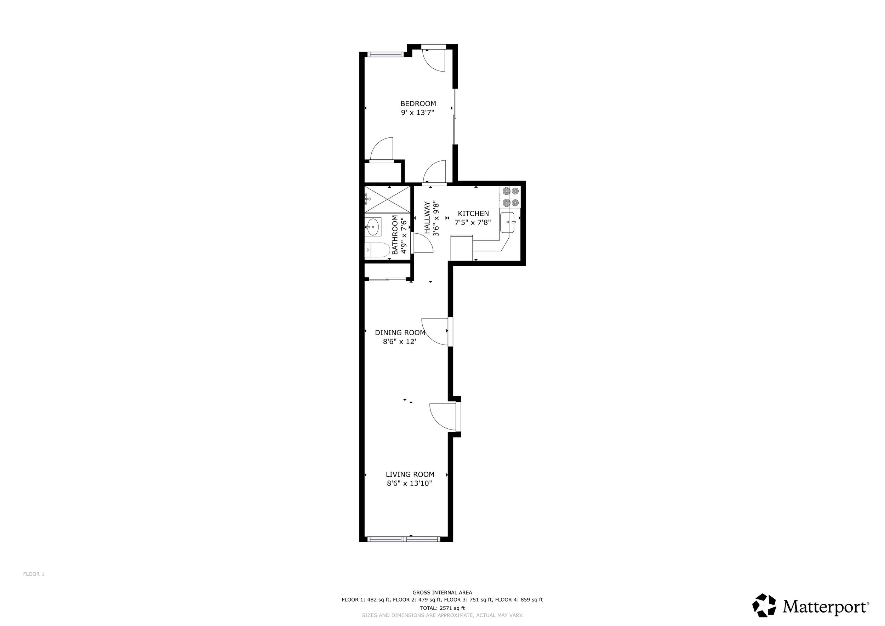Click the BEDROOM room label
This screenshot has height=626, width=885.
point(418,103)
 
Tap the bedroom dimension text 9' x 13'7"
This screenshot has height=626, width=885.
point(417,113)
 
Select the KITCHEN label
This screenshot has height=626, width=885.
point(473,213)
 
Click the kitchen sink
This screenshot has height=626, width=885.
point(508,222)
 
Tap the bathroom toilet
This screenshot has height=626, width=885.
point(377,250)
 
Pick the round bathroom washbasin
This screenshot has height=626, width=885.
point(373,227)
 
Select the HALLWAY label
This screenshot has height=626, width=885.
point(427,218)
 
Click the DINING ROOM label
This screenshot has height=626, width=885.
point(400,332)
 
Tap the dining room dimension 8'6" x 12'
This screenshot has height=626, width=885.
point(399,342)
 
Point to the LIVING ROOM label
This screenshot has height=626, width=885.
point(410,474)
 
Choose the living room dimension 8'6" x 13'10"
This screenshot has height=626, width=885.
point(409,483)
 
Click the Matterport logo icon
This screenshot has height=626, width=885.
point(764,605)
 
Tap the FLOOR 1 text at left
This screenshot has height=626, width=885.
point(34,574)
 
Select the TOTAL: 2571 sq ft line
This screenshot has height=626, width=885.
point(442,608)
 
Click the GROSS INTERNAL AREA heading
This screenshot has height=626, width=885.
point(442,592)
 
